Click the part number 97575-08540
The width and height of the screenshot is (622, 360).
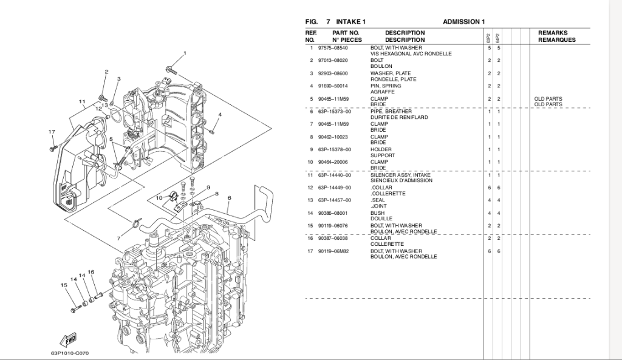click(x=332, y=47)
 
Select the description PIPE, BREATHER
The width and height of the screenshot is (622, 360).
click(x=391, y=111)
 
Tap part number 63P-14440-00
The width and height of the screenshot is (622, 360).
click(x=334, y=175)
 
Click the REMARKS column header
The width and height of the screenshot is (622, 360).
click(x=552, y=33)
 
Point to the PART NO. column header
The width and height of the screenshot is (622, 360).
click(x=346, y=33)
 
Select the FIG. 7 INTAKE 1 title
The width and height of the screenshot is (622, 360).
click(x=335, y=22)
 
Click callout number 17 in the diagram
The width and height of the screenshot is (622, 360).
click(x=52, y=132)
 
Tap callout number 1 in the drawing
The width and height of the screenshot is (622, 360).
click(x=185, y=53)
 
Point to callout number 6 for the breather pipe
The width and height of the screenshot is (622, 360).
click(x=229, y=198)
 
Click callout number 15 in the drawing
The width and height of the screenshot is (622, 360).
click(x=63, y=285)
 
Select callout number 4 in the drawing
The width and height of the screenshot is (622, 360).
click(x=219, y=114)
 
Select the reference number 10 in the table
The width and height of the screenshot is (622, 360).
click(x=310, y=162)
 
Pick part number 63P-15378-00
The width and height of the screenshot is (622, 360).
click(x=334, y=149)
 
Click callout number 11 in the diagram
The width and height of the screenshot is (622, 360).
click(x=81, y=101)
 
